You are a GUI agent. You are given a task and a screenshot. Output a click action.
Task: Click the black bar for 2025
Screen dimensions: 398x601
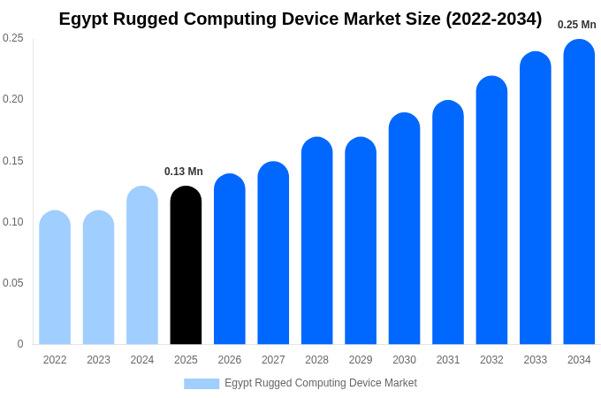(186, 265)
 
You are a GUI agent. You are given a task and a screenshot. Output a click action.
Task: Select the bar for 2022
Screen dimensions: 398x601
(55, 278)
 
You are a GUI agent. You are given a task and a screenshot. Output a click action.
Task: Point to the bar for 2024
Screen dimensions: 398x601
(142, 265)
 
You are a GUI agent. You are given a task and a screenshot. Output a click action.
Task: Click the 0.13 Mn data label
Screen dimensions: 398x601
(184, 172)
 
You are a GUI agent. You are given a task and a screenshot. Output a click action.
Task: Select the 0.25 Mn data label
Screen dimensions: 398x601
(576, 25)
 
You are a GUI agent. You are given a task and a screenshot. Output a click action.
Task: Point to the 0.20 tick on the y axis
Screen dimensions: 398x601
(13, 99)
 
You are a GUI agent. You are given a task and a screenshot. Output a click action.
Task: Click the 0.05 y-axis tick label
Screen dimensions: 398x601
(13, 283)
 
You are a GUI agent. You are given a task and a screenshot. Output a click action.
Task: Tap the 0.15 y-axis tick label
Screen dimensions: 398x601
(13, 161)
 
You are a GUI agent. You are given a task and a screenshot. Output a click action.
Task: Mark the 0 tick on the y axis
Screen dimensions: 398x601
(20, 344)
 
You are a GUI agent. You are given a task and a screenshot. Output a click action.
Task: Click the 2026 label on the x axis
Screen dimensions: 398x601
(230, 360)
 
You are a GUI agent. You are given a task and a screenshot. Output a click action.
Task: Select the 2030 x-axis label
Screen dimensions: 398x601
(404, 360)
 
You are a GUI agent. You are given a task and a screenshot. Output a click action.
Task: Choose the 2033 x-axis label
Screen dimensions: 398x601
(535, 360)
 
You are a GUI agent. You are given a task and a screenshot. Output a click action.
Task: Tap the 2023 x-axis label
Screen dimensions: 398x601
(98, 360)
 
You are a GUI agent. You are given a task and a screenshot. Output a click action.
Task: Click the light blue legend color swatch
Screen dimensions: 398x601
(202, 384)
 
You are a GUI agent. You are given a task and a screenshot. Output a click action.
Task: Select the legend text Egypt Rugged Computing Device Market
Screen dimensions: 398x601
(320, 383)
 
